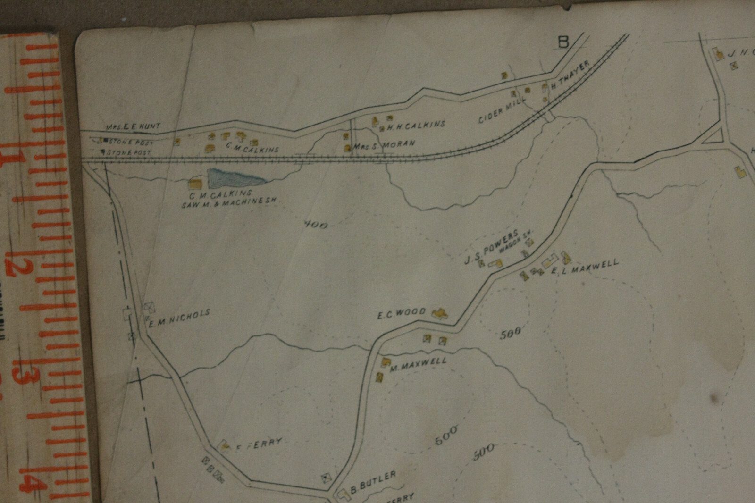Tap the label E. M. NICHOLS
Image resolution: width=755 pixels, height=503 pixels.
pos(179,319)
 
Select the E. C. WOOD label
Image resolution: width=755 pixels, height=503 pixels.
pos(401,313)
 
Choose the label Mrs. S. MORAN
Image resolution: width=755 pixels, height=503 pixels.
pos(384,145)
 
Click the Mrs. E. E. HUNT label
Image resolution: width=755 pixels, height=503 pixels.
pos(133,126)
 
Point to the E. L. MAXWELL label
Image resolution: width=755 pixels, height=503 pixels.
pos(585,267)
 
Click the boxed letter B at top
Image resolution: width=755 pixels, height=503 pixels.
pos(563,42)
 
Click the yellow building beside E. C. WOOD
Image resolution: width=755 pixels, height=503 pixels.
pos(439,314)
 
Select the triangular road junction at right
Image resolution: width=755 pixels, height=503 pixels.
pos(714,136)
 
